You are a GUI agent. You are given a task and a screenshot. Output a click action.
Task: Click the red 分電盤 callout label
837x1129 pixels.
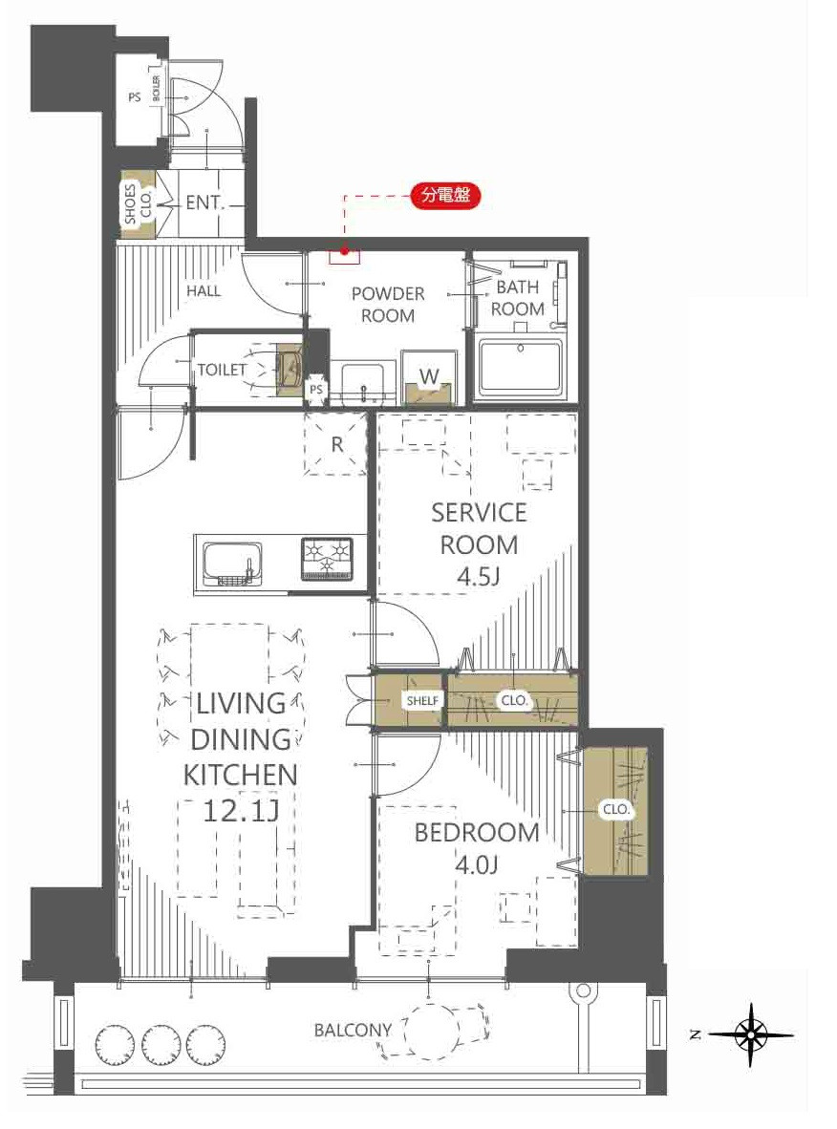(x=445, y=195)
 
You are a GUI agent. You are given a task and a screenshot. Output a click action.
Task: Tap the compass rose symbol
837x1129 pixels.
(x=751, y=1035)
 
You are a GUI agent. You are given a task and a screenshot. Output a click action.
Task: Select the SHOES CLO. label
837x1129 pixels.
(x=137, y=204)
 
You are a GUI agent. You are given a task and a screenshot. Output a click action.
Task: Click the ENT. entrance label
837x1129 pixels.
(x=205, y=203)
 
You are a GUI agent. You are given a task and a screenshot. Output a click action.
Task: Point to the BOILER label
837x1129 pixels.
(x=157, y=90)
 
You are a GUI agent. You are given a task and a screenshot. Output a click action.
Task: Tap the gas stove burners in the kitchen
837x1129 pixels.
(x=327, y=559)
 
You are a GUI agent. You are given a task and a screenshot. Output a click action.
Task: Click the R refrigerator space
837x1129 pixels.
(x=335, y=444)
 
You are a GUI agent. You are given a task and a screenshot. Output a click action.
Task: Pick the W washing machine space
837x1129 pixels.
(x=429, y=378)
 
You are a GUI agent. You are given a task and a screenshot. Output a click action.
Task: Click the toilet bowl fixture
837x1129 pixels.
(x=265, y=370)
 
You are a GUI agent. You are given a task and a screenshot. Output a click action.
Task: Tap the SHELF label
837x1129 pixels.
(x=422, y=700)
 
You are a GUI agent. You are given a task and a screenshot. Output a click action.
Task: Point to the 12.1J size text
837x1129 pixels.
(x=241, y=812)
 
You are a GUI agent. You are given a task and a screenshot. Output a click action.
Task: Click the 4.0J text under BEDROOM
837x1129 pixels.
(x=477, y=864)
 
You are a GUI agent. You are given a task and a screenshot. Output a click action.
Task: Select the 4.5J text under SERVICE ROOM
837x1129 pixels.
(x=479, y=577)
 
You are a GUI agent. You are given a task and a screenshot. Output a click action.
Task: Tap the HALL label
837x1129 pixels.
(x=204, y=291)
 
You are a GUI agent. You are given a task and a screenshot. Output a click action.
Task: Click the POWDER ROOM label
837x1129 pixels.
(x=388, y=305)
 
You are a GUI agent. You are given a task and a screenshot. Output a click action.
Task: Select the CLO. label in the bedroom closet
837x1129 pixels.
(x=616, y=809)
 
